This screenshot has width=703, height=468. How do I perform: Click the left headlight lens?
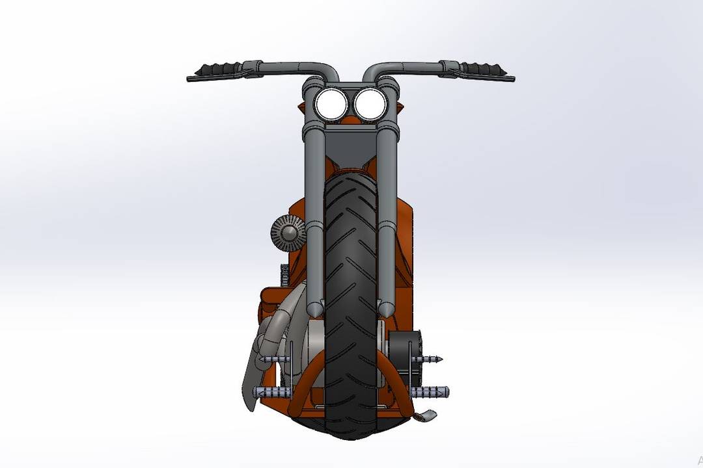(331, 104)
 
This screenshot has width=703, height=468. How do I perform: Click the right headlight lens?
(369, 104)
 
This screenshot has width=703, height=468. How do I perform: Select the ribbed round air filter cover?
(288, 229)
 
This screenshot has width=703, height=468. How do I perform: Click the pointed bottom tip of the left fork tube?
(314, 311)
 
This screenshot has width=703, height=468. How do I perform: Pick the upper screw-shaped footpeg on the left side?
(273, 359)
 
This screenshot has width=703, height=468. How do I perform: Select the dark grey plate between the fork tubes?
(350, 146)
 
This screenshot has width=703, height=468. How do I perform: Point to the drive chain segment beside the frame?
(283, 276)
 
